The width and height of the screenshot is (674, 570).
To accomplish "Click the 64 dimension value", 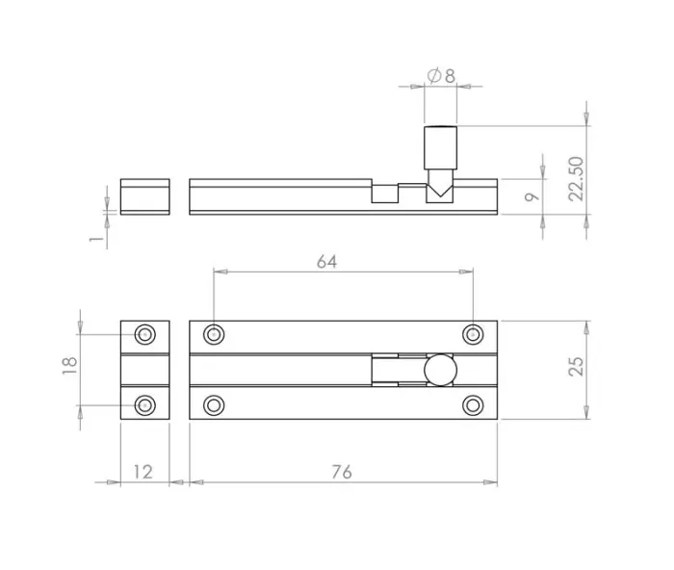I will pyautogui.click(x=326, y=262).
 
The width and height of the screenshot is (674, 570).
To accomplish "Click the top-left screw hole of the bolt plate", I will pyautogui.click(x=214, y=335).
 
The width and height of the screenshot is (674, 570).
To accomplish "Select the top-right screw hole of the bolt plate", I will pyautogui.click(x=472, y=335).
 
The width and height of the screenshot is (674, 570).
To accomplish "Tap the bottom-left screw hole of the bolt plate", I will pyautogui.click(x=214, y=403).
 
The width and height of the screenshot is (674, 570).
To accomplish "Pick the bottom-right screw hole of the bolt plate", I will pyautogui.click(x=472, y=403).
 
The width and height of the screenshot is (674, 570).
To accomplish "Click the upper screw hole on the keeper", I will pyautogui.click(x=145, y=335).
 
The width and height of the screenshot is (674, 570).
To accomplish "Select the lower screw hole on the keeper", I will pyautogui.click(x=145, y=403).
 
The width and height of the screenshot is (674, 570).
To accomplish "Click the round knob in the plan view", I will pyautogui.click(x=440, y=370).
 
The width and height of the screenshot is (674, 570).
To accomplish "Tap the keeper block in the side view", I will pyautogui.click(x=144, y=195).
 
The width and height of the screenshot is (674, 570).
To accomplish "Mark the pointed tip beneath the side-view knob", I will pyautogui.click(x=440, y=192).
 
